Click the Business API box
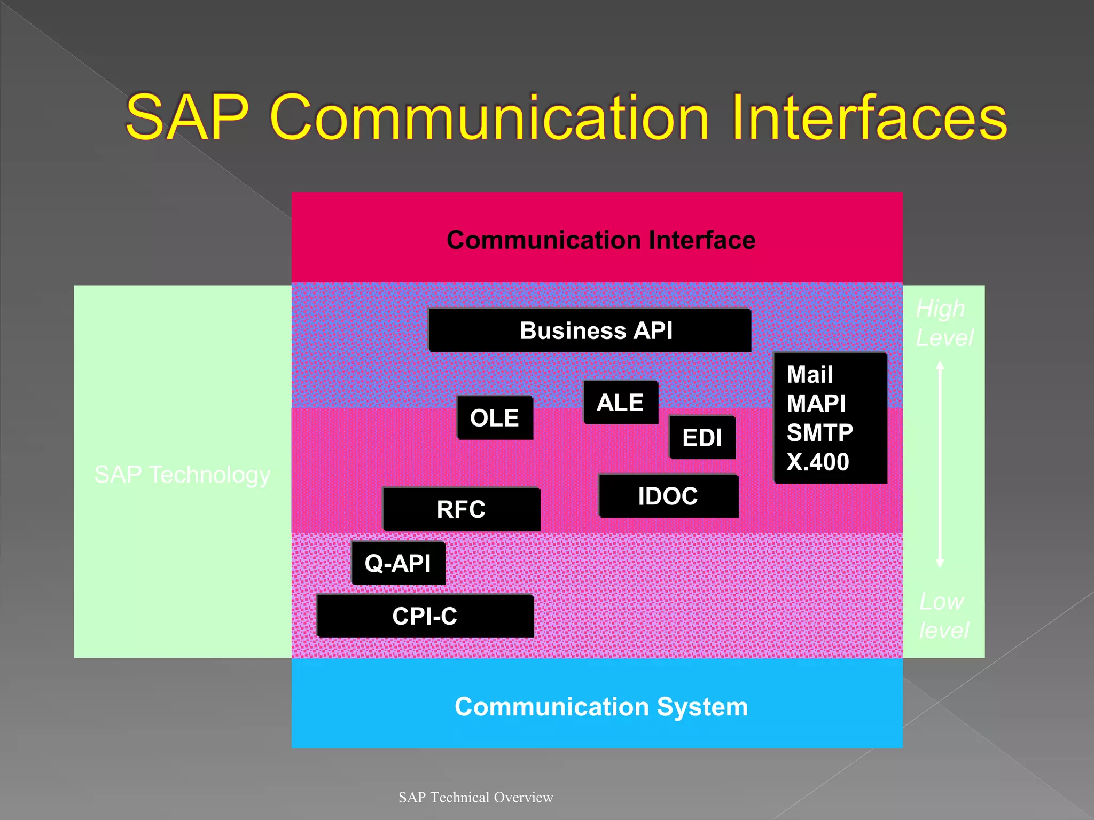(x=590, y=330)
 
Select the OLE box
(x=495, y=418)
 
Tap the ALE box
(x=620, y=403)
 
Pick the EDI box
(x=702, y=438)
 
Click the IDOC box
(x=668, y=496)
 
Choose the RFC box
(x=462, y=509)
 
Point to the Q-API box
(x=398, y=563)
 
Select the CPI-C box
(x=425, y=616)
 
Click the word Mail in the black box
(x=809, y=375)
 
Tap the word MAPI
(x=816, y=404)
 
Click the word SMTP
(x=819, y=432)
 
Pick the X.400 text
(x=817, y=462)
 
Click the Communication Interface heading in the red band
(x=601, y=240)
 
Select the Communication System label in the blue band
(x=601, y=707)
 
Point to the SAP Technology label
(x=182, y=475)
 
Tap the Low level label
(x=943, y=616)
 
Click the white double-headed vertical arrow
(x=940, y=464)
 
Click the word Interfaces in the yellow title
(x=868, y=117)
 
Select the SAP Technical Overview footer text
(x=475, y=797)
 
